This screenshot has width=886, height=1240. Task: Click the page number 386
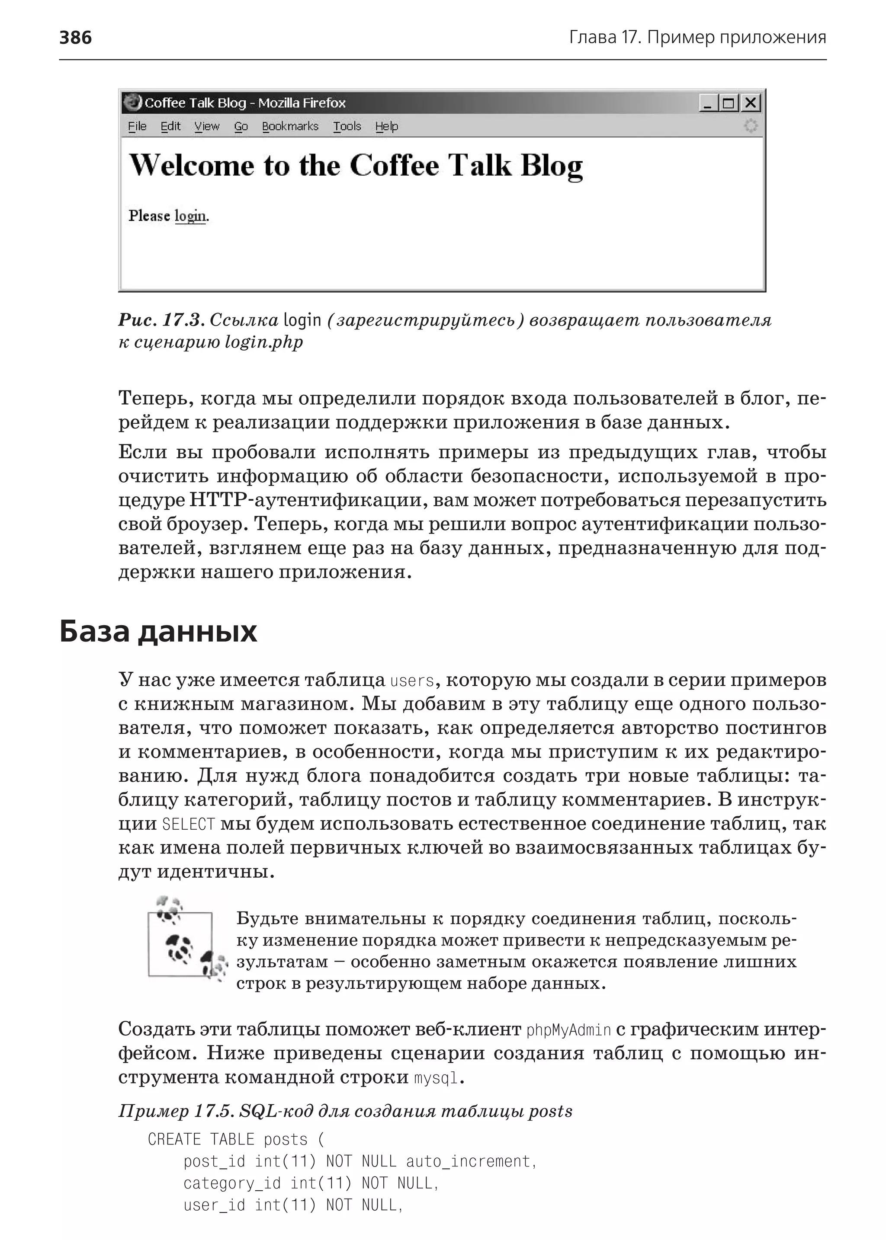[75, 38]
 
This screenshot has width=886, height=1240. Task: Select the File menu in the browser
[137, 127]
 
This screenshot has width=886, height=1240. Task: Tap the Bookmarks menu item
[290, 127]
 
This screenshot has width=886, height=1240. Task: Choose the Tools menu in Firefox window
[347, 127]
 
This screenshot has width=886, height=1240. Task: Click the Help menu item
[386, 127]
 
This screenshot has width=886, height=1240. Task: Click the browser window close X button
[751, 102]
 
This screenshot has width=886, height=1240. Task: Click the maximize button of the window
[729, 102]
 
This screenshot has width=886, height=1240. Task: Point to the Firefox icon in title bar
[132, 102]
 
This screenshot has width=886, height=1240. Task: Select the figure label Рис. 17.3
[161, 320]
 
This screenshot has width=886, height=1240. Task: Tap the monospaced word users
[412, 681]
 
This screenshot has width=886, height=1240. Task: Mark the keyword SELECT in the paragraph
[189, 824]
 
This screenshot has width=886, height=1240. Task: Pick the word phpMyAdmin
[568, 1030]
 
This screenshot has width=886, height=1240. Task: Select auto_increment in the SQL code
[470, 1161]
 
